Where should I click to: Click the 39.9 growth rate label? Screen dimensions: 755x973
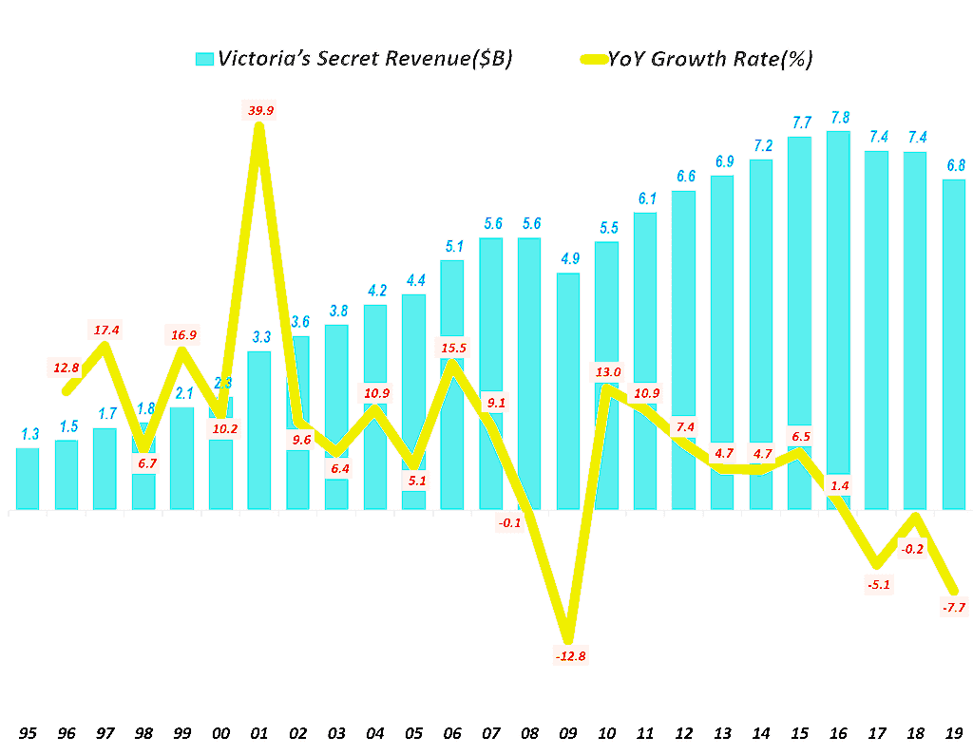pyautogui.click(x=259, y=111)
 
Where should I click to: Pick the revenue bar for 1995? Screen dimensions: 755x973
pyautogui.click(x=29, y=479)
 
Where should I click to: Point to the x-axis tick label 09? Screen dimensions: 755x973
pyautogui.click(x=568, y=732)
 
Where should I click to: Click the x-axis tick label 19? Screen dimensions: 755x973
pyautogui.click(x=954, y=732)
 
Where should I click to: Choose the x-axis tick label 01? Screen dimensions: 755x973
pyautogui.click(x=259, y=732)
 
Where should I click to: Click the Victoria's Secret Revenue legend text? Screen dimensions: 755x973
pyautogui.click(x=365, y=59)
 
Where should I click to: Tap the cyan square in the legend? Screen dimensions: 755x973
pyautogui.click(x=203, y=59)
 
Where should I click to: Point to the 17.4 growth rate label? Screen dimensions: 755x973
pyautogui.click(x=105, y=330)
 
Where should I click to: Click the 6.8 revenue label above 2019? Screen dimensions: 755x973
pyautogui.click(x=954, y=166)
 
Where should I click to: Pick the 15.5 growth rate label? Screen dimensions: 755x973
pyautogui.click(x=452, y=349)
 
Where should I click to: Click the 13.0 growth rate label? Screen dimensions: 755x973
pyautogui.click(x=606, y=372)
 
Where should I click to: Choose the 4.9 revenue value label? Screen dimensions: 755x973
pyautogui.click(x=568, y=259)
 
